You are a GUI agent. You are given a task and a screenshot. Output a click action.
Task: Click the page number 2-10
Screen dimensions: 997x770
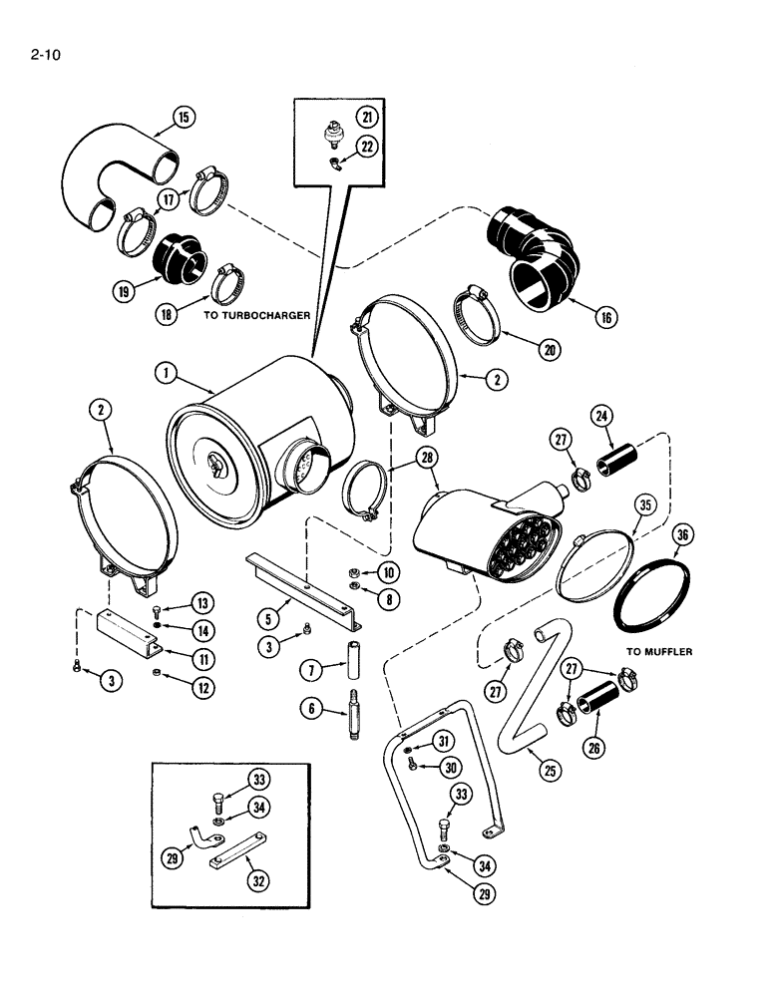pyautogui.click(x=46, y=56)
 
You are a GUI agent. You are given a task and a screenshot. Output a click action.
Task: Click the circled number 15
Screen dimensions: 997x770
pyautogui.click(x=184, y=118)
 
